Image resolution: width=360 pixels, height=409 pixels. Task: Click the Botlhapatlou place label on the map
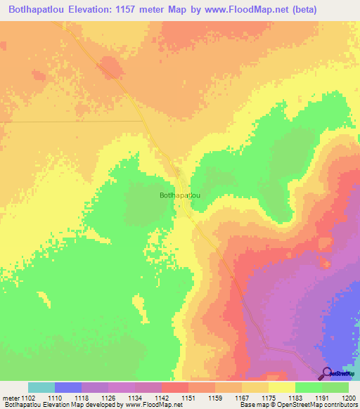[x=180, y=195]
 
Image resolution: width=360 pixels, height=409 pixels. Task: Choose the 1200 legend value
[x=349, y=398]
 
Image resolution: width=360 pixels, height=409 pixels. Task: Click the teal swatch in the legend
[x=41, y=387]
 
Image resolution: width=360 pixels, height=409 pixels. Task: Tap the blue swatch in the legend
[x=68, y=387]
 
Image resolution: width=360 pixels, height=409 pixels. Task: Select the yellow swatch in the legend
[x=282, y=387]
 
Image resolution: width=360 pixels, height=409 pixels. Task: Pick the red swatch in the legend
[x=175, y=387]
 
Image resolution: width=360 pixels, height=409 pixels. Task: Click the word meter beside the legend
[x=12, y=398]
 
